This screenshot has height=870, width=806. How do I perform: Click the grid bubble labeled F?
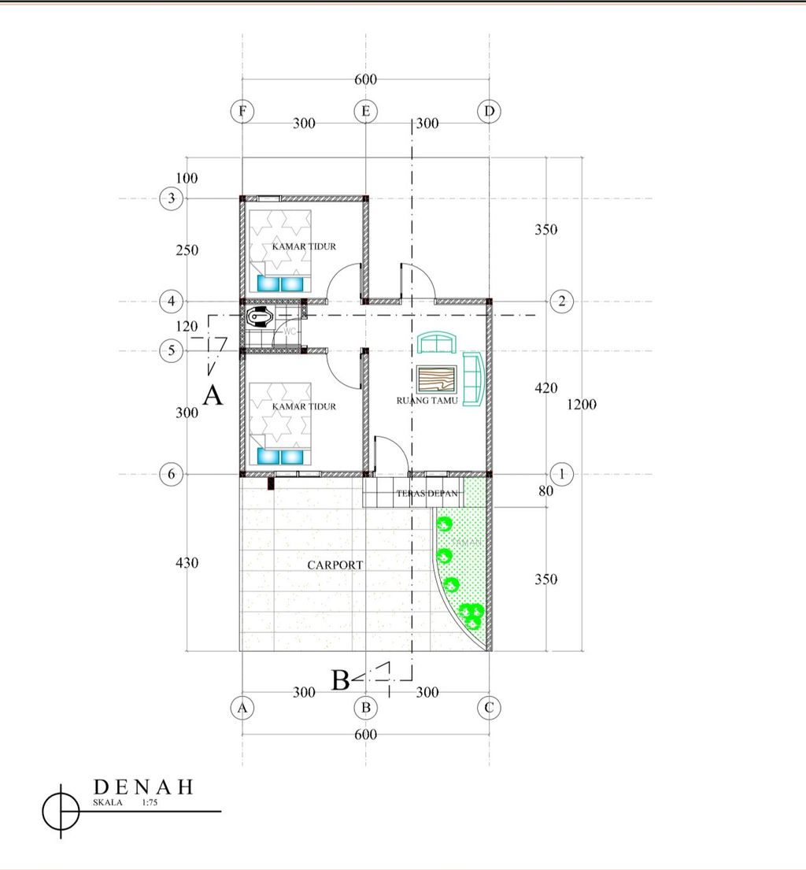[x=242, y=112]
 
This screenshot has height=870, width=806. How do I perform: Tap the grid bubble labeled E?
[x=365, y=112]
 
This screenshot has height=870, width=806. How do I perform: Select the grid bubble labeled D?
[x=489, y=112]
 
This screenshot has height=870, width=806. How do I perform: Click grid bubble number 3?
[x=172, y=198]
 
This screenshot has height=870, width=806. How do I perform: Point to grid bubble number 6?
[x=172, y=474]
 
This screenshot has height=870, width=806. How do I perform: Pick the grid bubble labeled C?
[x=489, y=708]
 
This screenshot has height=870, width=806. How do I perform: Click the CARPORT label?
[x=335, y=565]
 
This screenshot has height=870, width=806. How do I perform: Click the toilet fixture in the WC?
[x=259, y=318]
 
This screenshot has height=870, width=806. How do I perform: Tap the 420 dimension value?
[x=545, y=388]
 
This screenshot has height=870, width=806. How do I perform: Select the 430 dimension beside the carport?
[x=187, y=564]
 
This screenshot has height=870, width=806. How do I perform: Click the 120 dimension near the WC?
[x=187, y=326]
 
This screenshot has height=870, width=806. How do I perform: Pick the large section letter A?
[x=213, y=394]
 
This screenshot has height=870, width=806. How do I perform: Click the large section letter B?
[x=340, y=679]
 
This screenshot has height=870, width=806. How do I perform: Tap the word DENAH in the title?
[x=143, y=787]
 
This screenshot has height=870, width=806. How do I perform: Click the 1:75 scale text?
[x=150, y=803]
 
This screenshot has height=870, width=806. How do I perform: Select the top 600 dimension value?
[x=366, y=80]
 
